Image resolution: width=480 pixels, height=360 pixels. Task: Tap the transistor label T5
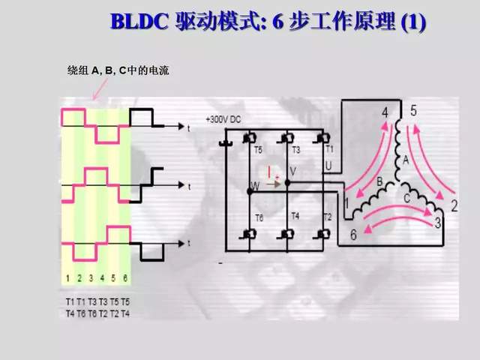pyautogui.click(x=258, y=150)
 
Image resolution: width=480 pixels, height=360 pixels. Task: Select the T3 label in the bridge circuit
pyautogui.click(x=295, y=150)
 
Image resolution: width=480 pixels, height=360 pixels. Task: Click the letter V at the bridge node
pyautogui.click(x=292, y=172)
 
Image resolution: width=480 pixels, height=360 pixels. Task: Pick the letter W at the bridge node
pyautogui.click(x=254, y=185)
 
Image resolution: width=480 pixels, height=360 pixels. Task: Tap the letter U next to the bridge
pyautogui.click(x=328, y=164)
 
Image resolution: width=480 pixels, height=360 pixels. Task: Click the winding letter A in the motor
pyautogui.click(x=406, y=159)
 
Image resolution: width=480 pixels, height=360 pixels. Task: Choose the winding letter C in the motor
pyautogui.click(x=406, y=198)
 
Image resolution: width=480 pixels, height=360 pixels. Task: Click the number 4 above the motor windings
pyautogui.click(x=385, y=112)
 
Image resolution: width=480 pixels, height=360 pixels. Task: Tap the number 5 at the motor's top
pyautogui.click(x=413, y=111)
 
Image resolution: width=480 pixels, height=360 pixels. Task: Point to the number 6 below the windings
pyautogui.click(x=353, y=235)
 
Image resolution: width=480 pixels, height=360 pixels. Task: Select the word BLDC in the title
pyautogui.click(x=141, y=22)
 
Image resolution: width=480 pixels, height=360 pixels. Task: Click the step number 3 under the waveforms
pyautogui.click(x=91, y=277)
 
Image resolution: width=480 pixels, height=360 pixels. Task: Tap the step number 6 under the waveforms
pyautogui.click(x=125, y=277)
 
